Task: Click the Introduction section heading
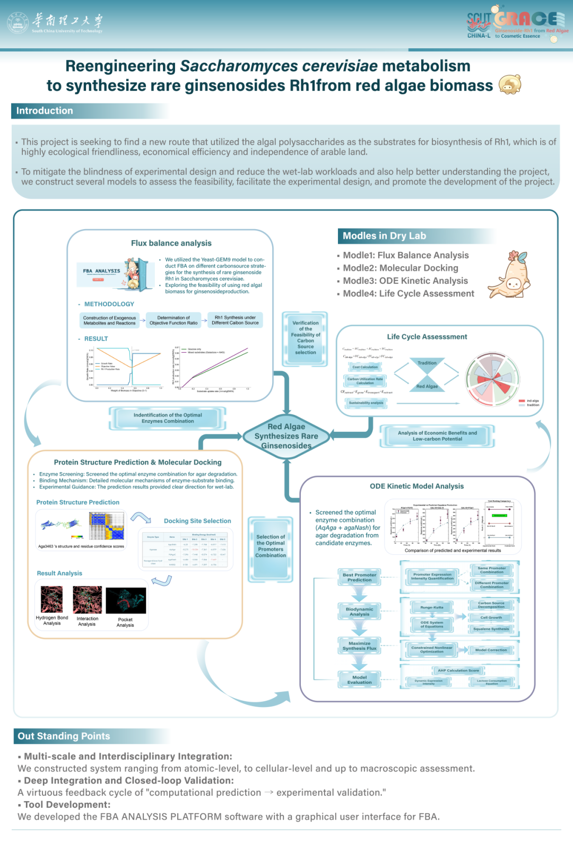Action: (x=45, y=111)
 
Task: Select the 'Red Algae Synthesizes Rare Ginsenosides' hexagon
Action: (x=286, y=436)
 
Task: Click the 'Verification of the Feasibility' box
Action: (x=306, y=338)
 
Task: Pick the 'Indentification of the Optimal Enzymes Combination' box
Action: (x=168, y=418)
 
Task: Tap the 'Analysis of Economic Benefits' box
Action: (x=437, y=436)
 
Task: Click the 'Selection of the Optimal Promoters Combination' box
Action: (x=271, y=546)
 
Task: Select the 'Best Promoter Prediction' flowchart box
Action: (x=359, y=578)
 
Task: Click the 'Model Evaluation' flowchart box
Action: (x=359, y=680)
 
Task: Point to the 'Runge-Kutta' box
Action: (x=431, y=607)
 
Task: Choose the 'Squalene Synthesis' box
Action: (x=491, y=629)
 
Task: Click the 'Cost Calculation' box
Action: (x=365, y=367)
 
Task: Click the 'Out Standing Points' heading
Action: (x=64, y=736)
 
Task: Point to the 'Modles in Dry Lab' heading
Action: (x=385, y=236)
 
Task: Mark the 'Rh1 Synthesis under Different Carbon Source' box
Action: (x=235, y=320)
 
